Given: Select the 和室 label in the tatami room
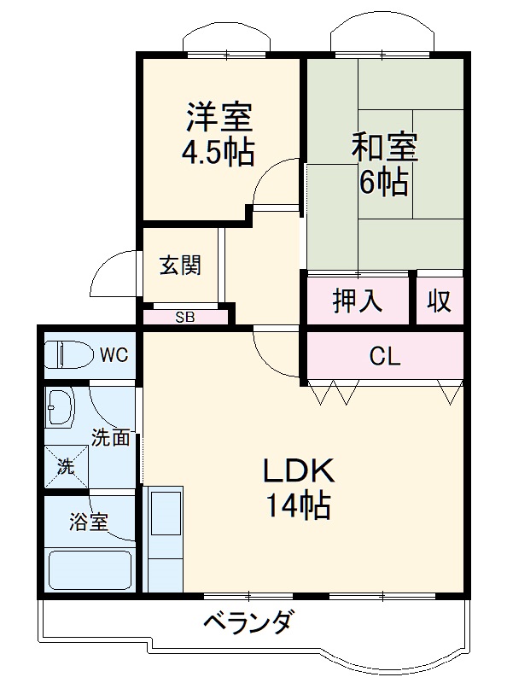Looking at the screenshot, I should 384,148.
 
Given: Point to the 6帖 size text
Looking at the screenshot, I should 383,183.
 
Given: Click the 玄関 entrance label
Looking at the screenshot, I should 180,266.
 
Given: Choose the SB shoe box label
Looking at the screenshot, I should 184,318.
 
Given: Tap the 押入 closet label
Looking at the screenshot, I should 357,301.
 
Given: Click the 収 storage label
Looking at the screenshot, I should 439,301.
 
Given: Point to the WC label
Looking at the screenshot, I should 114,354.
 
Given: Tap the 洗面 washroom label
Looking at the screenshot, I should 111,439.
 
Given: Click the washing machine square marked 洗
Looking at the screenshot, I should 66,467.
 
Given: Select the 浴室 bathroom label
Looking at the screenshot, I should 89,522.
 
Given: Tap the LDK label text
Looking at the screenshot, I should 296,471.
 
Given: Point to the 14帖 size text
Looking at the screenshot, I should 296,507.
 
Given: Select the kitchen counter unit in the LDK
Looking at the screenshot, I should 164,538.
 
